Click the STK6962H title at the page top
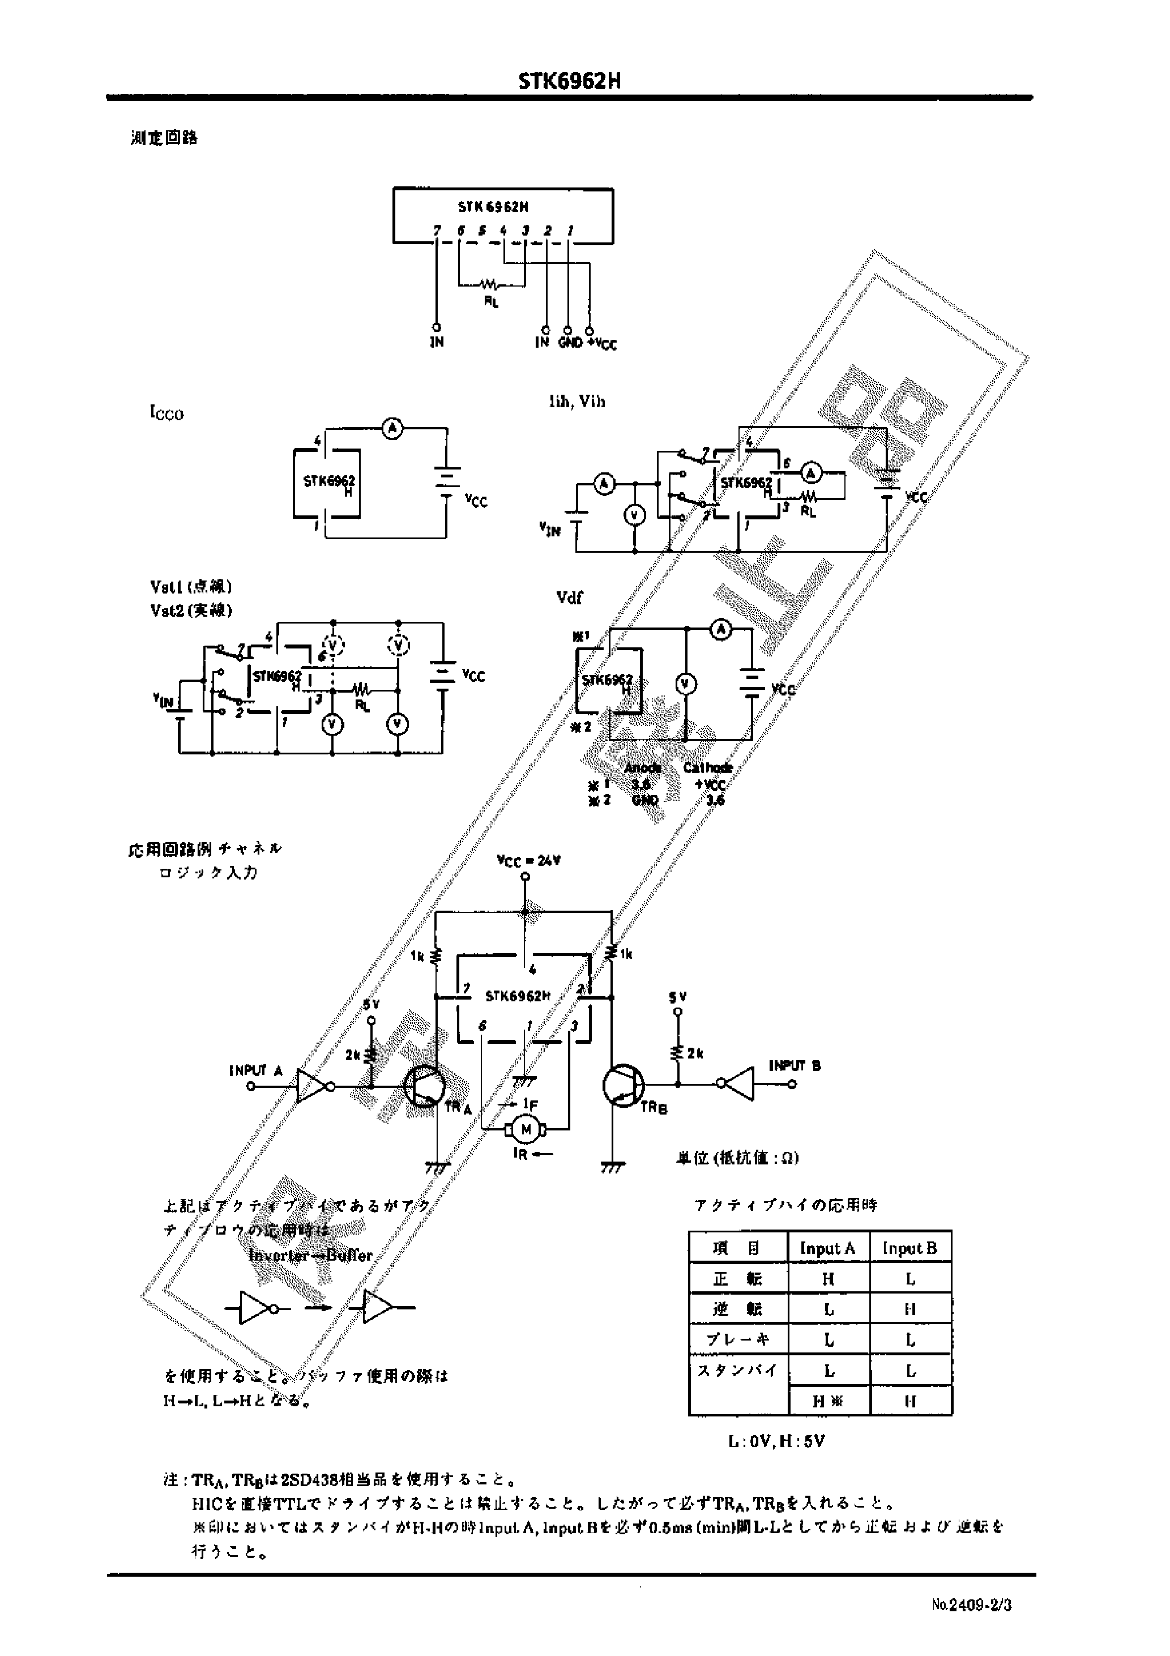click(569, 82)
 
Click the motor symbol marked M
click(526, 1129)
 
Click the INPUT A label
click(255, 1070)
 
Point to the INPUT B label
click(794, 1065)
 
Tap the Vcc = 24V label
click(529, 860)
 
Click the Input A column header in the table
click(827, 1248)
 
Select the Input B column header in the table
click(909, 1248)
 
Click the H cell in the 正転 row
click(827, 1279)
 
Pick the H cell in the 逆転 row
click(909, 1309)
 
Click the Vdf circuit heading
click(569, 597)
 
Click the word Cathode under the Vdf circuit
click(708, 768)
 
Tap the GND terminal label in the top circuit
click(569, 343)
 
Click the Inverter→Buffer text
click(310, 1255)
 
